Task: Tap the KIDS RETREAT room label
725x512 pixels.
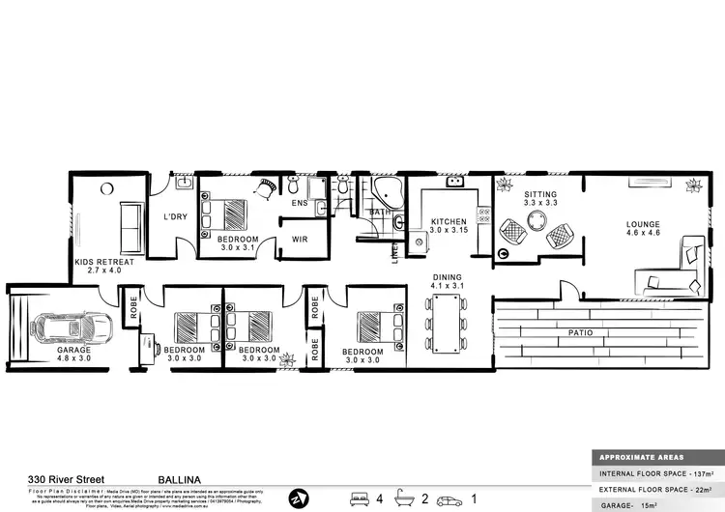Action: coord(110,262)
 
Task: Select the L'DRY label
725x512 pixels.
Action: coord(174,216)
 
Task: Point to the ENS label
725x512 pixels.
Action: coord(300,204)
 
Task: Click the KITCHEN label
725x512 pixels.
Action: coord(449,222)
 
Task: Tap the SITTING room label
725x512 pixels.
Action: coord(540,193)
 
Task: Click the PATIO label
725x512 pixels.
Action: coord(580,333)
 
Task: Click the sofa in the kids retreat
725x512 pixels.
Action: coord(129,224)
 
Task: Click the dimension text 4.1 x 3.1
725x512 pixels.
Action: coord(446,285)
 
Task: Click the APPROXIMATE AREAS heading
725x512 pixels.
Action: coord(642,458)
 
